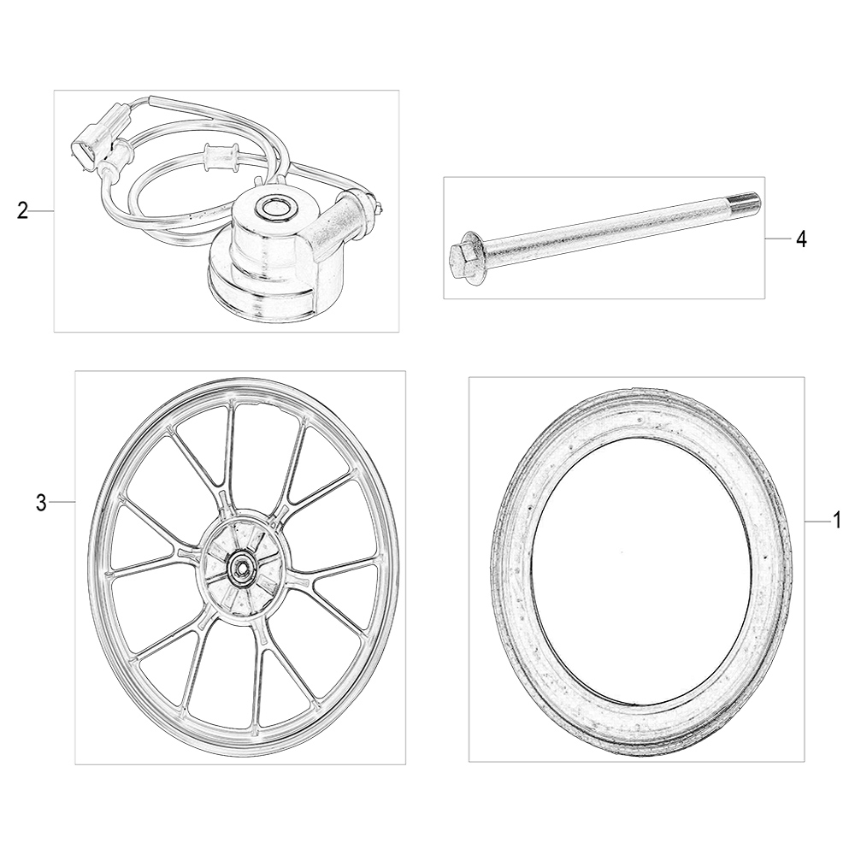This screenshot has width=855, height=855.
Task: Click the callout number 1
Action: point(837,522)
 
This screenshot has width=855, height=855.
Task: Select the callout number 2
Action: point(22,210)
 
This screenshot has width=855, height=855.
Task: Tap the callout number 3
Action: point(41,502)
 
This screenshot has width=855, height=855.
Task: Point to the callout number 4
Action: point(800,239)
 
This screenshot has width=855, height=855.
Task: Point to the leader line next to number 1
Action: point(817,522)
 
